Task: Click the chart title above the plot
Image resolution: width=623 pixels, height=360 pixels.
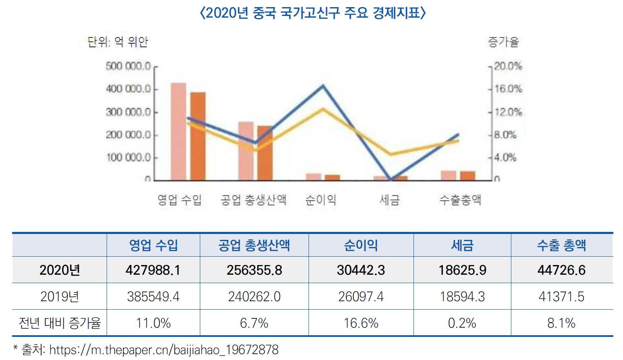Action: (313, 13)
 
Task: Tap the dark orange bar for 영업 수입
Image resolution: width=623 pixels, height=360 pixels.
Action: (198, 137)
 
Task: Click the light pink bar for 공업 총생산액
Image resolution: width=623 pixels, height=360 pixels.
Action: (246, 151)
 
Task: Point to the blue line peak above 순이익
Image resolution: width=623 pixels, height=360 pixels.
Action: (323, 86)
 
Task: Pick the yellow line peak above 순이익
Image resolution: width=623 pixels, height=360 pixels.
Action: (323, 109)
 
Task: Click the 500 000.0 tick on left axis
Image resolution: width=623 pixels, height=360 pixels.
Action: (128, 66)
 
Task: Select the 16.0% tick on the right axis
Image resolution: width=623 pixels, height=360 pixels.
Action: (508, 89)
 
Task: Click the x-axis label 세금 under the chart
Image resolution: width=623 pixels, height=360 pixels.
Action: (390, 200)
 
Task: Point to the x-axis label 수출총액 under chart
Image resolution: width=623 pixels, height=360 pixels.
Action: (460, 200)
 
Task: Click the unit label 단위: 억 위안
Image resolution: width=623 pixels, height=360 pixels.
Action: (118, 42)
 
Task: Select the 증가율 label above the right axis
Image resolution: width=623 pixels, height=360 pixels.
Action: (503, 42)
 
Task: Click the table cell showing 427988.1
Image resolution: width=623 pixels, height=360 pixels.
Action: (153, 270)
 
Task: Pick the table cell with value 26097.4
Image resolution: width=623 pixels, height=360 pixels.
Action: (361, 297)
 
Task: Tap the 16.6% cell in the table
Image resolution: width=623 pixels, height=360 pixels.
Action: (361, 323)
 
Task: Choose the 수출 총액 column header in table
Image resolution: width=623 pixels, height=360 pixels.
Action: (561, 245)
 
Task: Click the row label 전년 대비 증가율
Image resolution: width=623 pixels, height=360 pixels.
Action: (60, 323)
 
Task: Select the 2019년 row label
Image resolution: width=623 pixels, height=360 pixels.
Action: (60, 297)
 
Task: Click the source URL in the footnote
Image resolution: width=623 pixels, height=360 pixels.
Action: (164, 350)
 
